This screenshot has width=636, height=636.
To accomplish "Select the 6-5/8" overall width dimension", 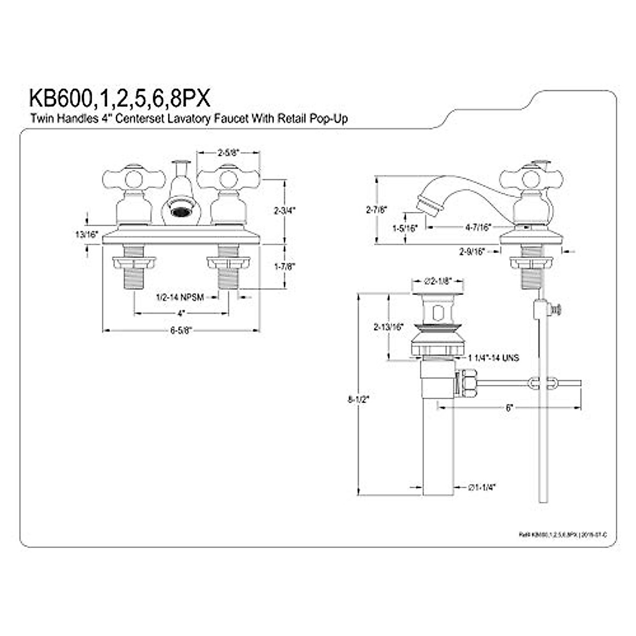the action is pos(180,330).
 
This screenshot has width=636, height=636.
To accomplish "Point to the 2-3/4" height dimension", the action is pos(284,210).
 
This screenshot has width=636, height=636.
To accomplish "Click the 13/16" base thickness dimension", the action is pos(86,234).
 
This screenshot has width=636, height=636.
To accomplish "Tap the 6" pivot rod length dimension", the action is pos(509,408).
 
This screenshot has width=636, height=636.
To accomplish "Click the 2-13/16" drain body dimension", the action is pos(388,326).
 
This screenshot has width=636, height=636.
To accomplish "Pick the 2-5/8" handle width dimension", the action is pos(228,152).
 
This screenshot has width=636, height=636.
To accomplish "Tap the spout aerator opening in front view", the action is pos(180,212).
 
